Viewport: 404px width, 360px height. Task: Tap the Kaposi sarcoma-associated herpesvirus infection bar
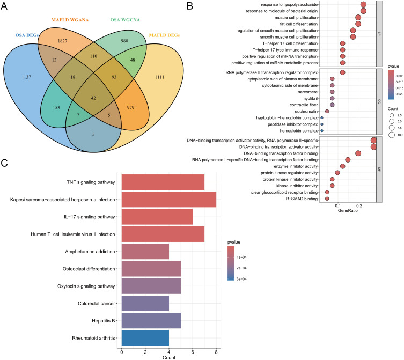coord(169,199)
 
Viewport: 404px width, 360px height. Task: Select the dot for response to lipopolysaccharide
coord(363,4)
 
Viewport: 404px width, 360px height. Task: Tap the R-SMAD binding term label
coord(300,199)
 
